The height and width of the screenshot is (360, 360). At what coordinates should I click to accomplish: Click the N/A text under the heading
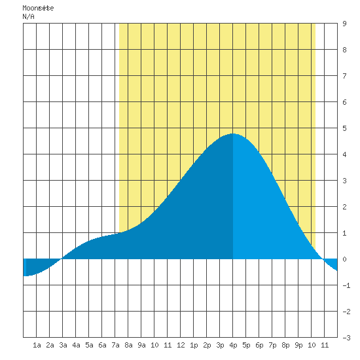point(28,16)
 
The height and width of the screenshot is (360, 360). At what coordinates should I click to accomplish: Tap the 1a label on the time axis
point(37,345)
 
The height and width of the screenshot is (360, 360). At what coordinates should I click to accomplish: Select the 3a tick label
point(63,345)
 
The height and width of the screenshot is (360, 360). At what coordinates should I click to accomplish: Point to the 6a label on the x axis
point(102,345)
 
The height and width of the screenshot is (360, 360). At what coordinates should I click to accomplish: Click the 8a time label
point(128,345)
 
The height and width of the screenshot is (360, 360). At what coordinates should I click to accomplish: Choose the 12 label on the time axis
point(181,345)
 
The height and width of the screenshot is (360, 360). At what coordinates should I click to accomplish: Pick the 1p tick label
point(194,345)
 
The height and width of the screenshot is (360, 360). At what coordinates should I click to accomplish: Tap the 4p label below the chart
point(233,345)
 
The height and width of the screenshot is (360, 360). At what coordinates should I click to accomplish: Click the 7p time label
point(272,345)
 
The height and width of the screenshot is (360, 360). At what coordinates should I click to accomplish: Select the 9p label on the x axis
point(298,345)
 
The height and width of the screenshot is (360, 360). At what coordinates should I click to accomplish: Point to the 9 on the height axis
point(344,24)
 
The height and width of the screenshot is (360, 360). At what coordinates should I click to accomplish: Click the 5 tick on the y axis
point(344,128)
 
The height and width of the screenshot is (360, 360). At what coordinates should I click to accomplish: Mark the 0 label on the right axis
point(344,259)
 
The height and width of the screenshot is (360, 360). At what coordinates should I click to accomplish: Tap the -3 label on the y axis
point(346,338)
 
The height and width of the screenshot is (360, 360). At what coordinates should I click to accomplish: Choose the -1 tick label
point(346,285)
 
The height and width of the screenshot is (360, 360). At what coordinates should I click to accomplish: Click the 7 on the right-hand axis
point(344,76)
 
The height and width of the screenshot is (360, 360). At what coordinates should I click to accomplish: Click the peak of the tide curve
point(232,134)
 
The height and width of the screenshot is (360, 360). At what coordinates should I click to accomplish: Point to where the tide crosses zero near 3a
point(62,259)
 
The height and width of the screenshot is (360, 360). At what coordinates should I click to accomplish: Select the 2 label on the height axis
point(344,207)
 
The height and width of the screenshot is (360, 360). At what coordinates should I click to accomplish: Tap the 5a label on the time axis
point(89,345)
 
